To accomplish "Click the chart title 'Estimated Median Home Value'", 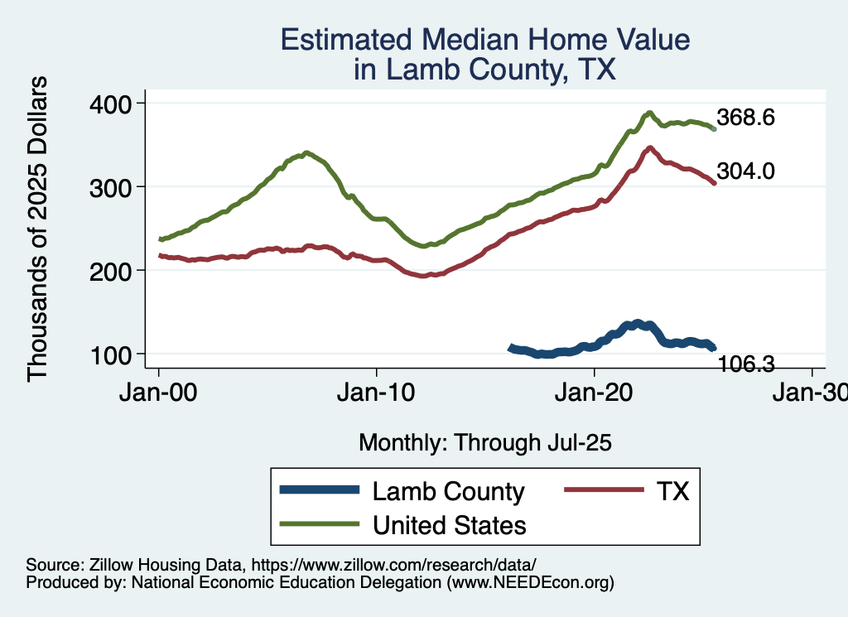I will [x=484, y=40].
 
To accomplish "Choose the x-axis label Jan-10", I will [x=377, y=392].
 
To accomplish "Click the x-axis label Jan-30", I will [x=812, y=392].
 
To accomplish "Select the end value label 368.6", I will [x=745, y=118].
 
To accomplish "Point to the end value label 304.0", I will [x=745, y=171].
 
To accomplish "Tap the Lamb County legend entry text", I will [x=449, y=491].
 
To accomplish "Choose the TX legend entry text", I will [x=672, y=491].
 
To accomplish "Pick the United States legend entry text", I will [x=450, y=524].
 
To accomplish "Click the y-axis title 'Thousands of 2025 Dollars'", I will [x=38, y=228].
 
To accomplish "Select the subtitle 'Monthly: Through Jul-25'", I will [x=484, y=443].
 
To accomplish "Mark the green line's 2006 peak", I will [x=306, y=153].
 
